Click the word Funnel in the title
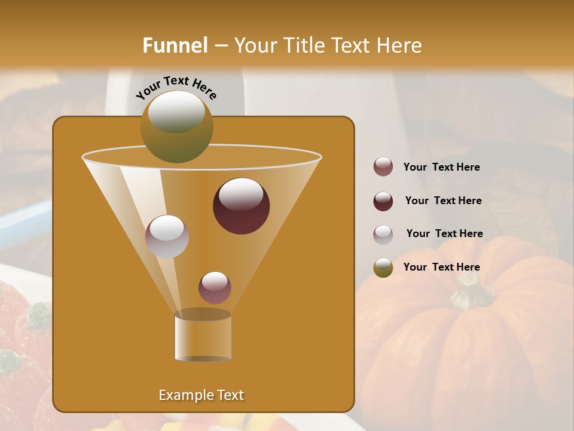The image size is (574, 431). (175, 45)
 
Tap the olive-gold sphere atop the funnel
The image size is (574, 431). (177, 126)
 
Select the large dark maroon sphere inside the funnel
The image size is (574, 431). (241, 206)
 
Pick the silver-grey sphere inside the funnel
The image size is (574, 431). (167, 236)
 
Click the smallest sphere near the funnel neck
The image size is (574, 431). (215, 287)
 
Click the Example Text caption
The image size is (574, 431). (201, 395)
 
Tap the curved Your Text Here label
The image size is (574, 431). (176, 87)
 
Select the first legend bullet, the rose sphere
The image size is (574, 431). (383, 167)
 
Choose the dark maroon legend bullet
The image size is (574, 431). (383, 201)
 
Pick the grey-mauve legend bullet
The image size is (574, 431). (383, 235)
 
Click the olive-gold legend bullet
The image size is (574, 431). (383, 268)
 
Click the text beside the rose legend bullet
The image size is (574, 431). (441, 167)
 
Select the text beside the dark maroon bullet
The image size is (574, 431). (443, 201)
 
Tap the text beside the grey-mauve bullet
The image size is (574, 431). (444, 233)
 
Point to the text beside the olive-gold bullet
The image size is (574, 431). (441, 267)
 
